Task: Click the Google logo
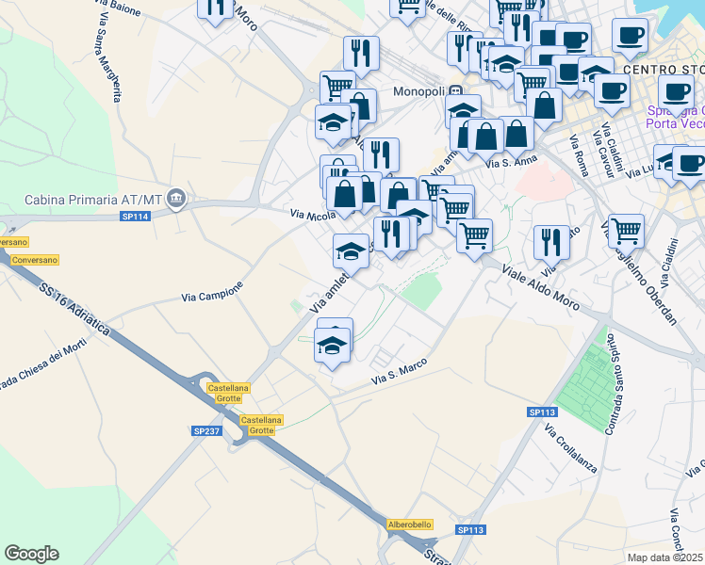pyautogui.click(x=31, y=554)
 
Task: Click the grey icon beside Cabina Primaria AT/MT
pyautogui.click(x=177, y=200)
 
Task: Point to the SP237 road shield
pyautogui.click(x=205, y=430)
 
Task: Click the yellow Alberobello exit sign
pyautogui.click(x=410, y=525)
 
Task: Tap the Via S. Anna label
pyautogui.click(x=511, y=161)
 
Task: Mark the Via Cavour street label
pyautogui.click(x=598, y=149)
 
